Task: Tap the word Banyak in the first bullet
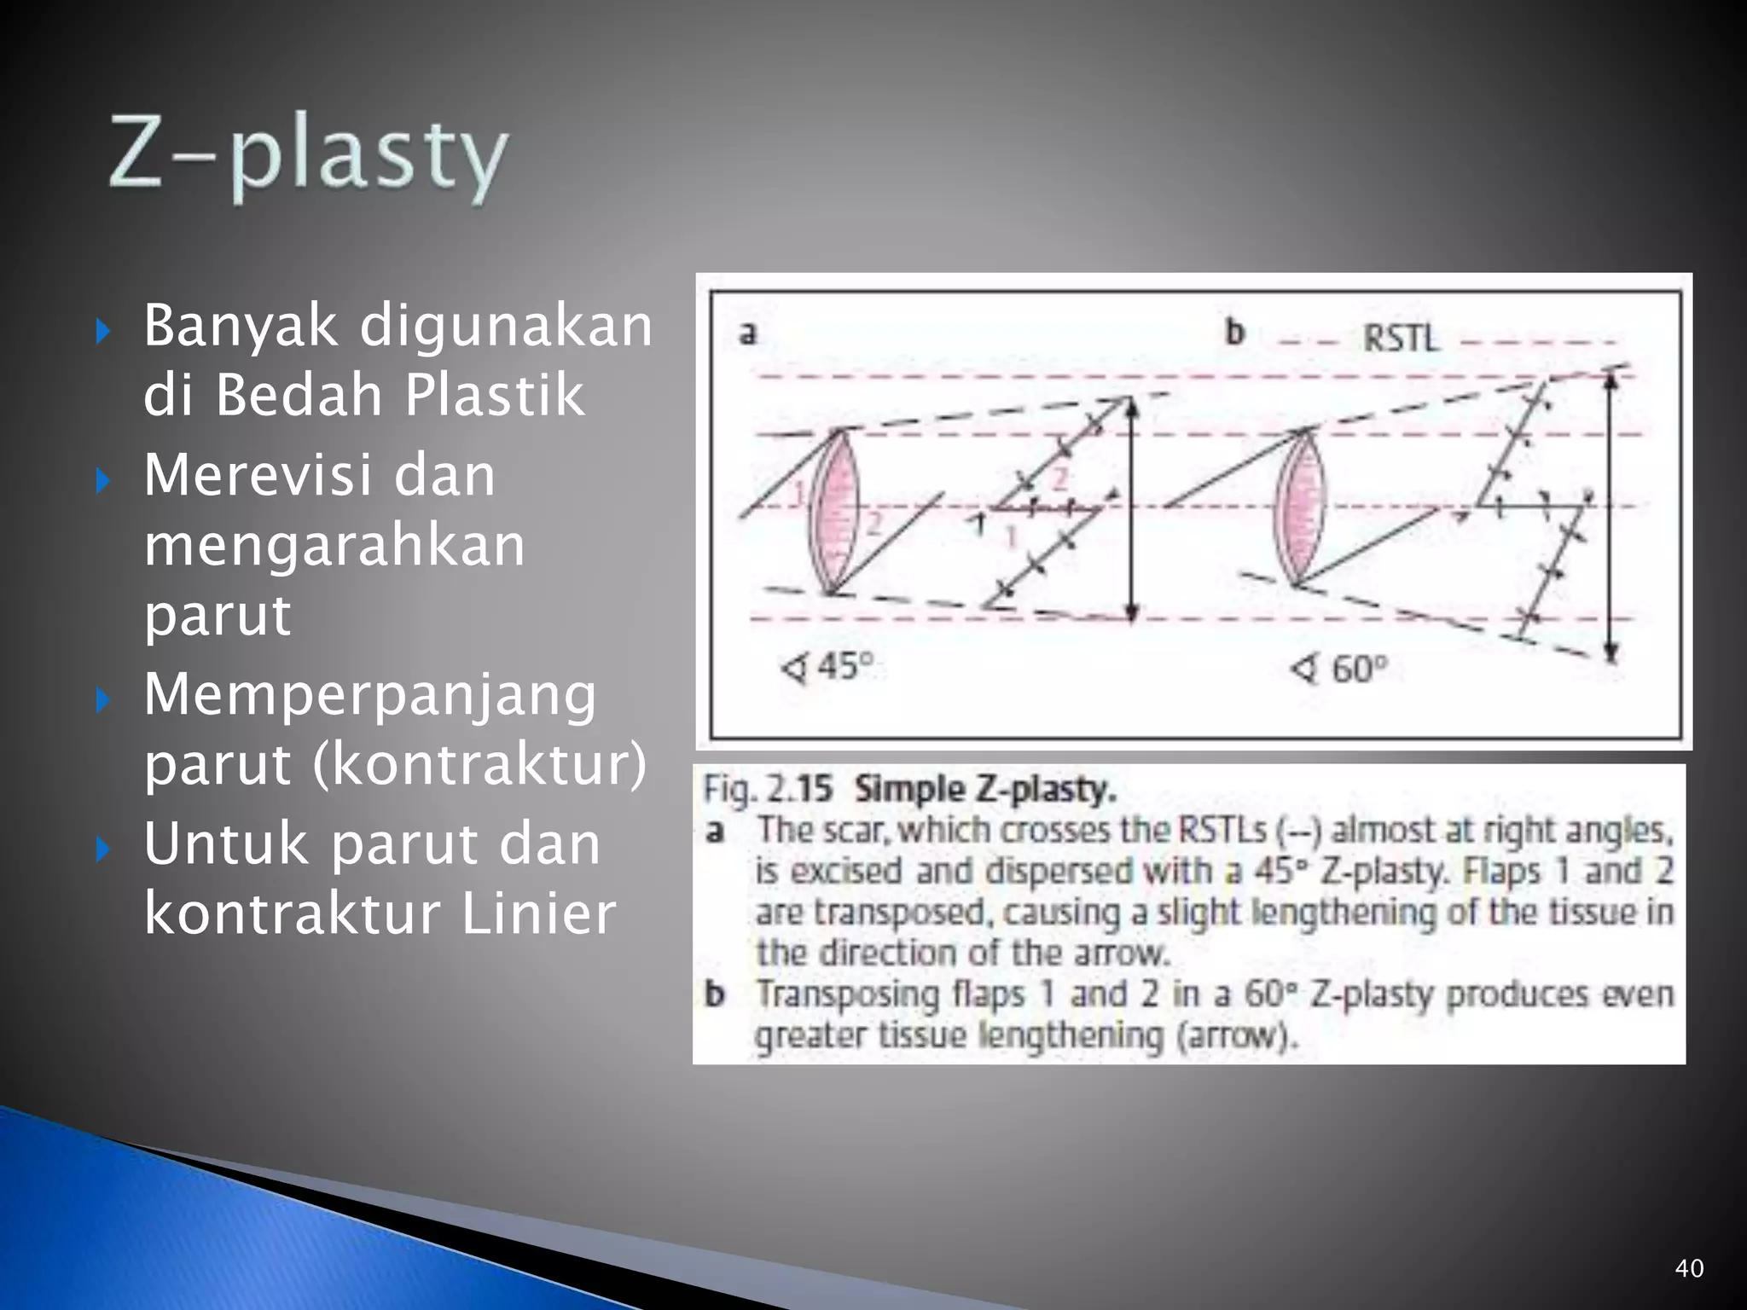click(241, 327)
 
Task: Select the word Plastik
click(494, 396)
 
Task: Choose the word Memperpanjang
click(369, 694)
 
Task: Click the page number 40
click(1689, 1268)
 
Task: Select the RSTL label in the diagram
click(1400, 339)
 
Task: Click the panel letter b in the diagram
click(1234, 333)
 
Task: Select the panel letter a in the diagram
click(747, 333)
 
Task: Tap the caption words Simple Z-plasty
click(984, 790)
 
